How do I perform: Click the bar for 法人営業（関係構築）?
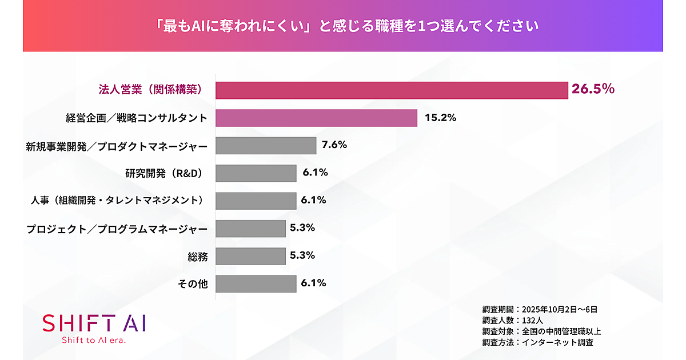pos(392,90)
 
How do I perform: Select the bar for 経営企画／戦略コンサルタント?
pos(316,118)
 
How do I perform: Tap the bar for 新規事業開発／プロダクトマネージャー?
pos(266,146)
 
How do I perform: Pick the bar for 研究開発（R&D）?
pos(256,173)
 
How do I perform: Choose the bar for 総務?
pos(250,256)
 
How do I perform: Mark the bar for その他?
pos(256,283)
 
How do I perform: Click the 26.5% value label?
pos(593,89)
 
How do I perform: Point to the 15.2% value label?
pos(440,118)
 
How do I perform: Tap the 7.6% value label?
pos(334,145)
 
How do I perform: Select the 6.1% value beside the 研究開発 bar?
pos(314,173)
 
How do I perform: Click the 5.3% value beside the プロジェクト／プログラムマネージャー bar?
pos(302,227)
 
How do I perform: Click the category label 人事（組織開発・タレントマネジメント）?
pos(118,201)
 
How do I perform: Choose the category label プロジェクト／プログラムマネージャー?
pos(117,229)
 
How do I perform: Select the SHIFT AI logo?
pos(94,323)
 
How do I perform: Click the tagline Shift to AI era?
pos(94,340)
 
